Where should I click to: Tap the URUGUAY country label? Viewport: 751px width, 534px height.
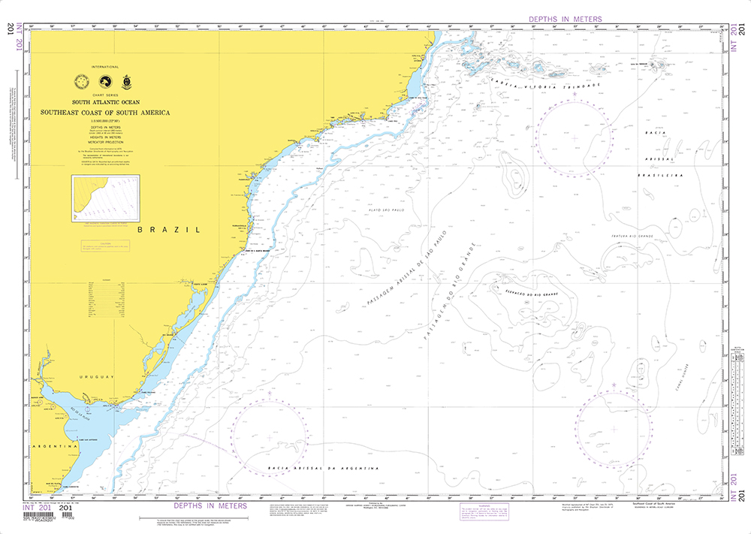pos(98,376)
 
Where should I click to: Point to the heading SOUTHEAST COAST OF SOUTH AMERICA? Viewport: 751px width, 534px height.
pos(105,113)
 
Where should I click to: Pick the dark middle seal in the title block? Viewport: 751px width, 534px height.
pos(106,82)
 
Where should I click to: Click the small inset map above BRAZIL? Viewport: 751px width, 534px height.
pos(104,198)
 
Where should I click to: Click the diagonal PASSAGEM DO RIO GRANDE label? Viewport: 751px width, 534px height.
pos(451,289)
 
